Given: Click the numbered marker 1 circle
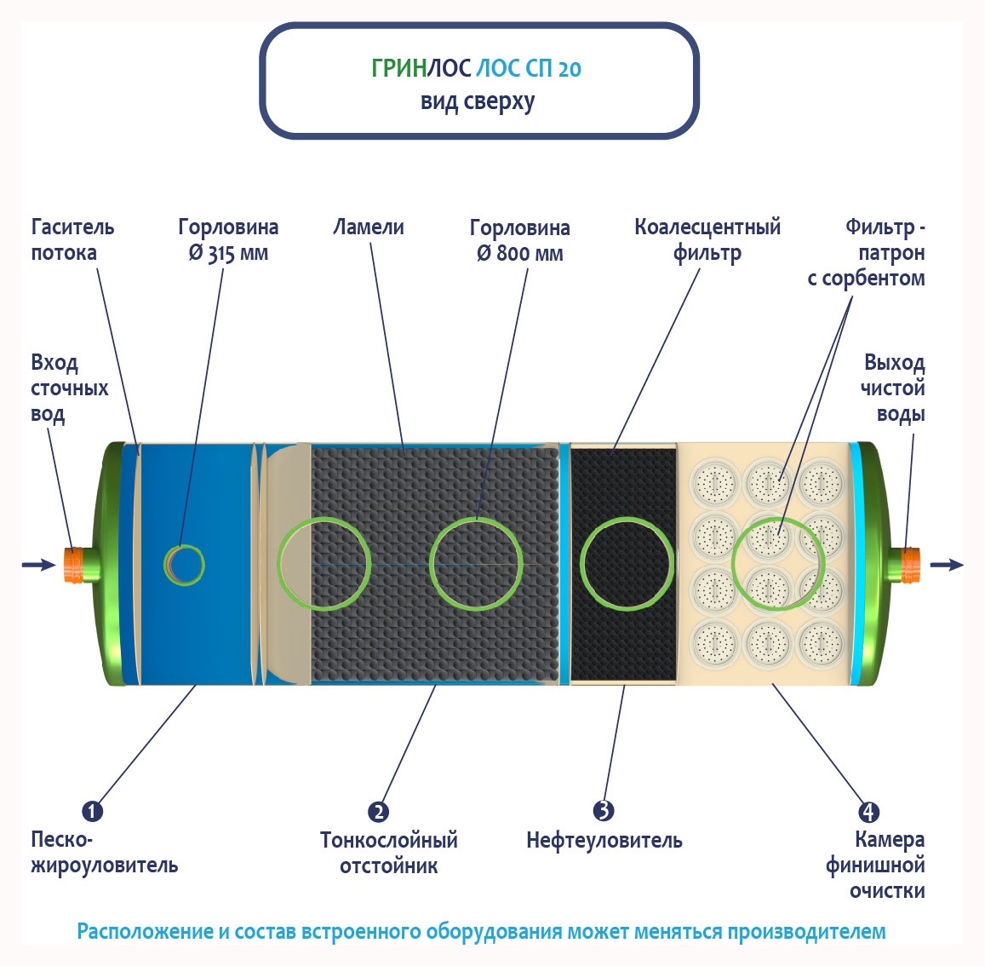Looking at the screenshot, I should [92, 811].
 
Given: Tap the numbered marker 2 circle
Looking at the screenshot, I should [378, 812].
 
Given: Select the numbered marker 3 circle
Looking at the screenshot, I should [604, 810].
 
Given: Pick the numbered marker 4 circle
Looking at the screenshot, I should [868, 812].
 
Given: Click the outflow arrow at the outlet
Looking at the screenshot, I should [948, 565].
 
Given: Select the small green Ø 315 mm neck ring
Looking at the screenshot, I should [184, 565].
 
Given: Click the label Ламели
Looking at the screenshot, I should [369, 227].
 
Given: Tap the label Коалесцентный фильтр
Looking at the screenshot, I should [707, 240].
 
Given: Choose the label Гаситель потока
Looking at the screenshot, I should [72, 240].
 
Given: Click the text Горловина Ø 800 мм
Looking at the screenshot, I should [519, 240].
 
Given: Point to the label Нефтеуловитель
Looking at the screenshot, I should [604, 841].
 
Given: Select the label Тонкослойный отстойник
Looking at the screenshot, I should [389, 853].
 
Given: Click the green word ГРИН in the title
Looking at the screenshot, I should [398, 68].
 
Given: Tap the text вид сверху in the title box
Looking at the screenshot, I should [478, 102].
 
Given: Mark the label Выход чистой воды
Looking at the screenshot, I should [893, 388].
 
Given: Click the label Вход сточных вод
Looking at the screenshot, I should [69, 388].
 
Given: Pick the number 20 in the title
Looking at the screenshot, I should [570, 69].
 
